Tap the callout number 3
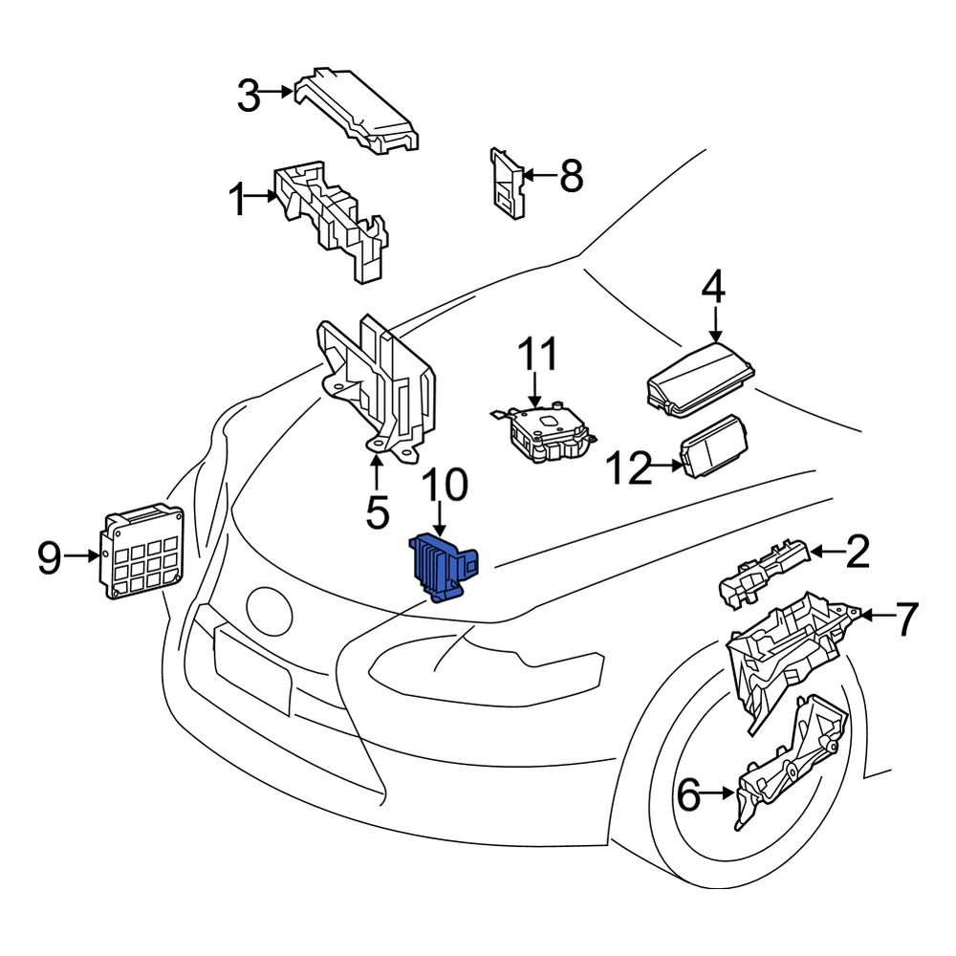point(249,96)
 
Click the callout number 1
point(237,202)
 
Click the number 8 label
point(571,177)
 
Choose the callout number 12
point(631,468)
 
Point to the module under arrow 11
point(542,431)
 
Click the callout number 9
point(50,557)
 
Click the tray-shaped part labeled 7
point(789,650)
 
